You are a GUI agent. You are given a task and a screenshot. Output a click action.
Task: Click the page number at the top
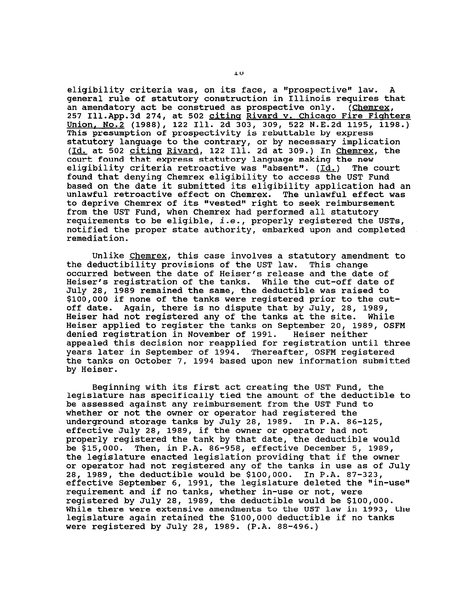pyautogui.click(x=239, y=73)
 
